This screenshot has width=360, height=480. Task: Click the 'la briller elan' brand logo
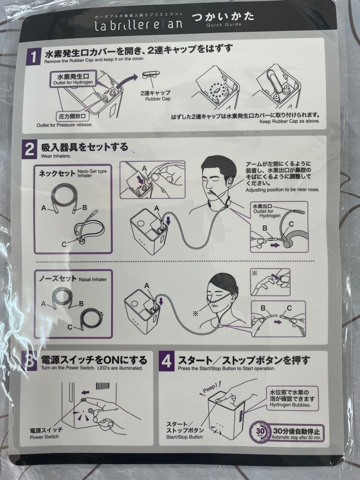click(x=139, y=24)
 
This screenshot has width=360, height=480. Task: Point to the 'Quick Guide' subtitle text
click(x=224, y=24)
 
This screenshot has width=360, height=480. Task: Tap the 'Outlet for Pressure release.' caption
click(x=64, y=125)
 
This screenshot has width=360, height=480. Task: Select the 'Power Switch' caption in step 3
click(x=44, y=436)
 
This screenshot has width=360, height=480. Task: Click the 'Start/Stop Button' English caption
click(x=184, y=437)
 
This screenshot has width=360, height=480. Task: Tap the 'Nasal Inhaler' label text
click(x=92, y=280)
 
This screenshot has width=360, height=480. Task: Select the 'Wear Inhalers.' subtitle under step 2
click(x=56, y=156)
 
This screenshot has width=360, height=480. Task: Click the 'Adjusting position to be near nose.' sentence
click(x=282, y=190)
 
